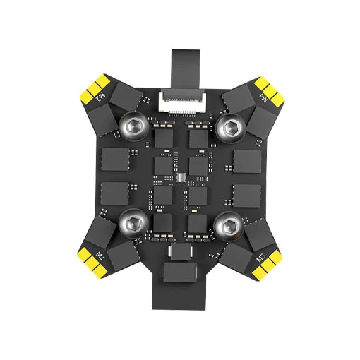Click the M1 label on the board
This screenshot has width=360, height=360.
click(x=100, y=255)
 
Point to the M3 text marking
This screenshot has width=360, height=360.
click(x=261, y=258)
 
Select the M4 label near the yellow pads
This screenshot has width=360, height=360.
click(x=263, y=98)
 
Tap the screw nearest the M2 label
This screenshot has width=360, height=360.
click(x=134, y=126)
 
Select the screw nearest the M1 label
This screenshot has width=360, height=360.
click(x=133, y=223)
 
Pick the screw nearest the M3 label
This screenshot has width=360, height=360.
click(x=229, y=227)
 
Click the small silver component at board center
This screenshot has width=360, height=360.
click(x=181, y=177)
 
